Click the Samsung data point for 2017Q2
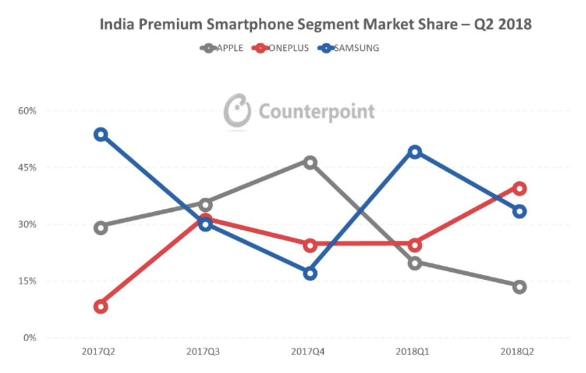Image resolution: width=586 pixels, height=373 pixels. (101, 134)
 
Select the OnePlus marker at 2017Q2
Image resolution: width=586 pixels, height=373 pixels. (101, 307)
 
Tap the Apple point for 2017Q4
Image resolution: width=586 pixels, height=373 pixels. (310, 162)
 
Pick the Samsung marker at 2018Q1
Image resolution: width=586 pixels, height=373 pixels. (415, 152)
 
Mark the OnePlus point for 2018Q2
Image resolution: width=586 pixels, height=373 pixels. (520, 189)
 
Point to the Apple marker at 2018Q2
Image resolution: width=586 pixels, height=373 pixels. (520, 287)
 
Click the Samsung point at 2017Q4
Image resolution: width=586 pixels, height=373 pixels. (310, 273)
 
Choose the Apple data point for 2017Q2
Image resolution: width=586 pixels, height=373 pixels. (101, 228)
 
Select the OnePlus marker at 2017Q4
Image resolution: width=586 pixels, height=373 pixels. (310, 245)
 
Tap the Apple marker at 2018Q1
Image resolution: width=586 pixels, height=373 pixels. (415, 263)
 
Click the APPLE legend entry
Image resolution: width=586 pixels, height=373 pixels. (222, 48)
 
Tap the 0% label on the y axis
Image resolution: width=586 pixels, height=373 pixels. (30, 338)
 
